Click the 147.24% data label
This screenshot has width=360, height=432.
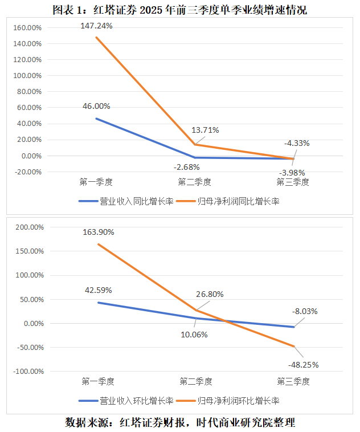pyautogui.click(x=96, y=26)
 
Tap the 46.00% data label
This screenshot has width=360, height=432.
pyautogui.click(x=96, y=106)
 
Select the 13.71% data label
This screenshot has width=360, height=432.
pyautogui.click(x=205, y=130)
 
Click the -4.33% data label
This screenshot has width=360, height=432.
pyautogui.click(x=296, y=143)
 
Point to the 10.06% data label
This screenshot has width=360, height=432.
pyautogui.click(x=194, y=335)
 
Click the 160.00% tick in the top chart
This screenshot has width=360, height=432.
pyautogui.click(x=27, y=27)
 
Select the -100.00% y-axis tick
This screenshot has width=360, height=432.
pyautogui.click(x=26, y=372)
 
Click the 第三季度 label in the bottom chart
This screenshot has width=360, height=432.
pyautogui.click(x=293, y=381)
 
